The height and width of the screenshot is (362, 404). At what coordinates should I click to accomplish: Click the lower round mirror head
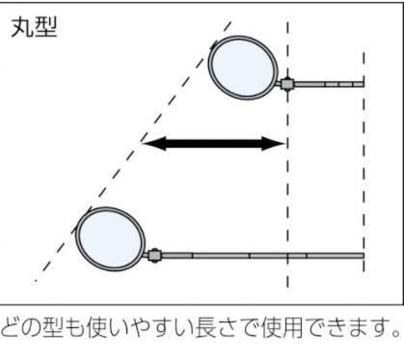pyautogui.click(x=110, y=237)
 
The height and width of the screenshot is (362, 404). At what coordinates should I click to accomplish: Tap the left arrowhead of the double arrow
pyautogui.click(x=150, y=144)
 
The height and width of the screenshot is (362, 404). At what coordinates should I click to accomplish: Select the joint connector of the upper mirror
pyautogui.click(x=286, y=84)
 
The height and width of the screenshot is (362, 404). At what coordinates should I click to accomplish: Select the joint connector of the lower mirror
pyautogui.click(x=152, y=256)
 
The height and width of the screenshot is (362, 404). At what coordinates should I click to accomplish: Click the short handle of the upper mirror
pyautogui.click(x=329, y=85)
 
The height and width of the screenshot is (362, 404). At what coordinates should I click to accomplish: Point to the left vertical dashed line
pyautogui.click(x=287, y=193)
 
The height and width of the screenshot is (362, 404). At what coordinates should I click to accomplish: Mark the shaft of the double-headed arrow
pyautogui.click(x=215, y=144)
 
